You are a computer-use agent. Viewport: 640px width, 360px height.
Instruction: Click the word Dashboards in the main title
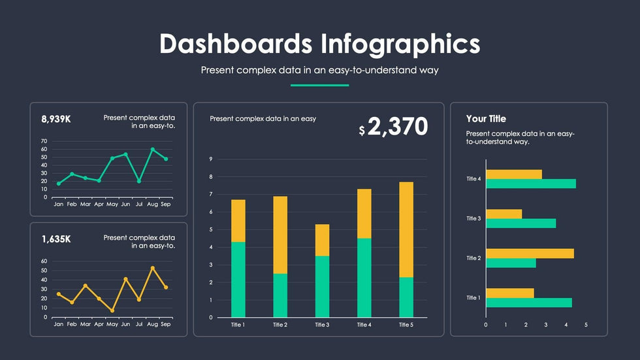[x=235, y=44]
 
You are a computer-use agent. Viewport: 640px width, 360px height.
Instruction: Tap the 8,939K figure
[x=56, y=119]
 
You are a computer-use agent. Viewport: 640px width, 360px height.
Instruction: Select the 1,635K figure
[x=56, y=239]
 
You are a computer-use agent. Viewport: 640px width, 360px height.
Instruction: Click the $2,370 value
[x=394, y=127]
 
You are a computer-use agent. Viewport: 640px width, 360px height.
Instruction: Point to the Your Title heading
[x=486, y=119]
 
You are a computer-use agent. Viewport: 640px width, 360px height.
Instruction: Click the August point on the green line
[x=153, y=150]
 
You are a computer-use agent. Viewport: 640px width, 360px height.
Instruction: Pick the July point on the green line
[x=138, y=181]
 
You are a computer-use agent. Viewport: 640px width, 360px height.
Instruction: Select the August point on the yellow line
[x=153, y=268]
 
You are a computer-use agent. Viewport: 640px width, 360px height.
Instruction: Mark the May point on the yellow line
[x=112, y=310]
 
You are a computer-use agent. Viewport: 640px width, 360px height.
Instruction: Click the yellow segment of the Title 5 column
[x=406, y=229]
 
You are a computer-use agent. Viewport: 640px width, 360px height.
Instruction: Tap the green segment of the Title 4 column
[x=364, y=278]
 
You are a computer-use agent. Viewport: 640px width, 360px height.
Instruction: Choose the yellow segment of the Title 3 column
[x=323, y=240]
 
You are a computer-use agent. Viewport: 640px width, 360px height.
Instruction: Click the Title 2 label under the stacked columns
[x=280, y=325]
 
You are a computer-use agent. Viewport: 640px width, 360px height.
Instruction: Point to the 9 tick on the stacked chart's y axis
[x=211, y=159]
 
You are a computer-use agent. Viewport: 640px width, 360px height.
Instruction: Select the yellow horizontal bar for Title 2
[x=530, y=254]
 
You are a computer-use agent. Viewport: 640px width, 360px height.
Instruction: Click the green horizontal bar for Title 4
[x=531, y=184]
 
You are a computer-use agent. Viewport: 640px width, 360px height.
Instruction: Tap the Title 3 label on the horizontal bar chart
[x=473, y=218]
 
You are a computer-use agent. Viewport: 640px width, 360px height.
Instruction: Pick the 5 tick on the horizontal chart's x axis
[x=586, y=325]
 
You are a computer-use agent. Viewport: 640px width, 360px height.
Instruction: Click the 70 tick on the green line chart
[x=44, y=141]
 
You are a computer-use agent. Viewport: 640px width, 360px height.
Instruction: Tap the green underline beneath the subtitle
[x=319, y=85]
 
